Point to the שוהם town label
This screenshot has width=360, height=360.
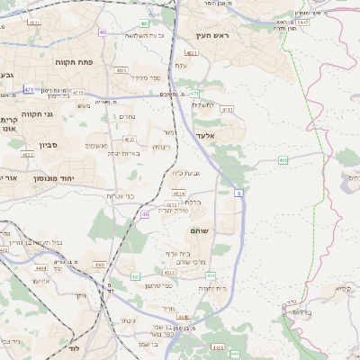click(199, 231)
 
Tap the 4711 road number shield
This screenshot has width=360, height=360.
click(226, 109)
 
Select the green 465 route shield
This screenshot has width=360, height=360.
click(283, 160)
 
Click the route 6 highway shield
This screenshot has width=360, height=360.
click(239, 193)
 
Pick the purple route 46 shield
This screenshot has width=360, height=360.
click(146, 214)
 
